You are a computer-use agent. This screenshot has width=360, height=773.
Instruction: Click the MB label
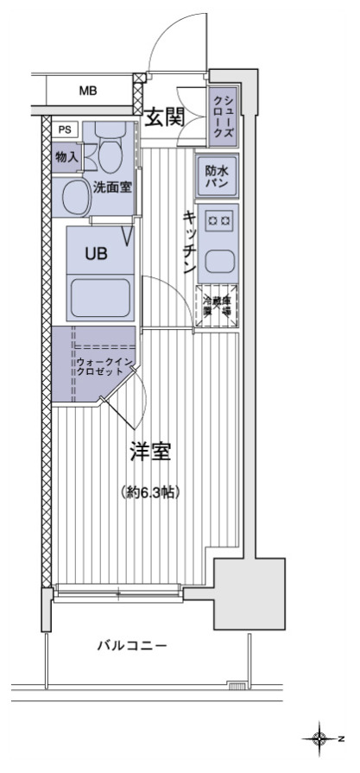(88, 90)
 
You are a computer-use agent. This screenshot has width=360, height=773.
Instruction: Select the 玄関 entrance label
(163, 117)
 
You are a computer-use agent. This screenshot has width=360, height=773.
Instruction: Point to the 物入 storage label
(66, 156)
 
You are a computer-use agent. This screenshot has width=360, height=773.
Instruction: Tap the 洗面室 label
(112, 185)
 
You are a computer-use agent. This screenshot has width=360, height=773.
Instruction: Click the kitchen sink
(218, 260)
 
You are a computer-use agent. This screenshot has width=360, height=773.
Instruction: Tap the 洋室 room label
(149, 451)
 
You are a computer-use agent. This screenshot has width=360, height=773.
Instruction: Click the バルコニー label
(131, 645)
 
